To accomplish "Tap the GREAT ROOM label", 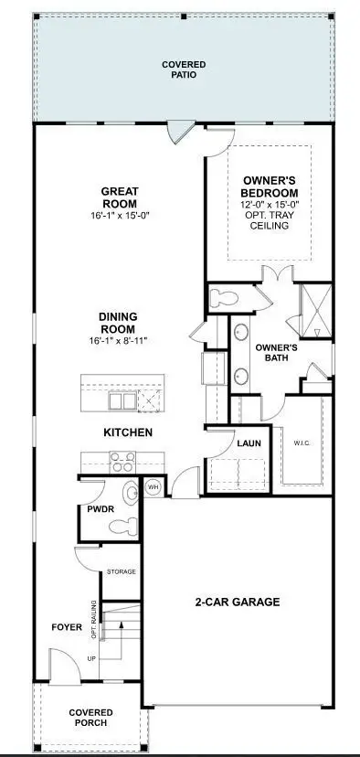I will [120, 197].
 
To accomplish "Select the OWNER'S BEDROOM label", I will [270, 187].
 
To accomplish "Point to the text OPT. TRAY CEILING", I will [270, 220].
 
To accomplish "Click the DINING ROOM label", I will [118, 323].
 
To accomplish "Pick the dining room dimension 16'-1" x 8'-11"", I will [118, 340].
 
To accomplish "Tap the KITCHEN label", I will [127, 432].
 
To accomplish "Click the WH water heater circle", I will [154, 487].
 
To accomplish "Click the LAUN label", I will [249, 443].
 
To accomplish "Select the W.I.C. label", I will [302, 443].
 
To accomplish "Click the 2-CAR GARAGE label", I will [236, 602].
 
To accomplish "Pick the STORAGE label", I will [122, 571].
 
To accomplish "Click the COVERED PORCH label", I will [90, 718].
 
